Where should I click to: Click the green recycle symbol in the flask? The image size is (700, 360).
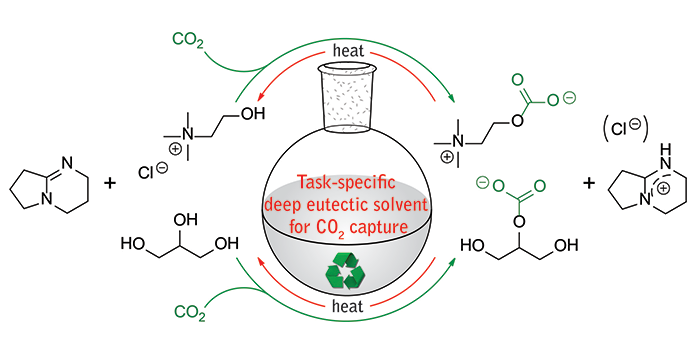(x=346, y=271)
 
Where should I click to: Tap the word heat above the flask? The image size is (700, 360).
(x=348, y=50)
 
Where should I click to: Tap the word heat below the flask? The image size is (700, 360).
(x=348, y=306)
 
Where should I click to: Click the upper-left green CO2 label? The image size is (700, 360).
(x=188, y=41)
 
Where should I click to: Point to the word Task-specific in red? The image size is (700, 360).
(x=346, y=183)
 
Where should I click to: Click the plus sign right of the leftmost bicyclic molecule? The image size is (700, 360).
(x=109, y=183)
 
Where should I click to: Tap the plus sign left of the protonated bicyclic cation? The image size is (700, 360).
(x=590, y=183)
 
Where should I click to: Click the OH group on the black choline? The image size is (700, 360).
(x=253, y=113)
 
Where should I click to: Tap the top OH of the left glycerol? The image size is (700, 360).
(x=185, y=220)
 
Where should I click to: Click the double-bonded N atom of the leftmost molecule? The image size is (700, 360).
(x=67, y=163)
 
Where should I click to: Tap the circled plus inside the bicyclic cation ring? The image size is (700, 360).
(x=664, y=188)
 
